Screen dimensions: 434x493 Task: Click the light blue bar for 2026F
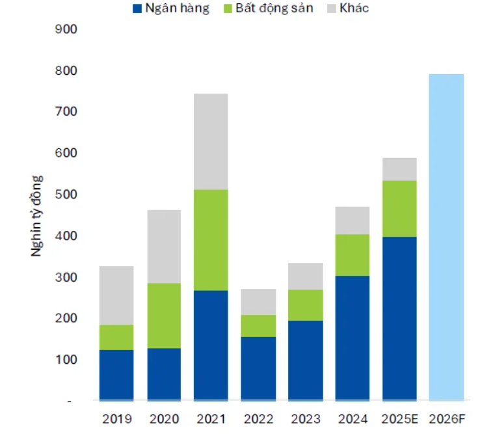(446, 237)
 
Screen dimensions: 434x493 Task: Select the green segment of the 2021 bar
(211, 240)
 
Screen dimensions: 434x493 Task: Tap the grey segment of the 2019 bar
(116, 295)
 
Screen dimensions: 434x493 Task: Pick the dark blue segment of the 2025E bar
(399, 318)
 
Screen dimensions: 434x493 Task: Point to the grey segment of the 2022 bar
(258, 302)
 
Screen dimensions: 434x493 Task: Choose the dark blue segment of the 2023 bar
(305, 360)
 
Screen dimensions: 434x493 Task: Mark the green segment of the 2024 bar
(352, 255)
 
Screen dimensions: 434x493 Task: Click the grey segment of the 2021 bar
(211, 142)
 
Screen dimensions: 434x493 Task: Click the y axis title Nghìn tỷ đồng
(37, 215)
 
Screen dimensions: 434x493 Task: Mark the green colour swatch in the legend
(228, 9)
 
